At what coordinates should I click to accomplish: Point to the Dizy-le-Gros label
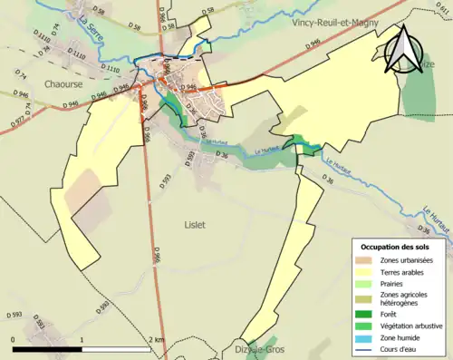click(x=260, y=349)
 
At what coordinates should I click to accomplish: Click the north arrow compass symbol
click(x=402, y=50)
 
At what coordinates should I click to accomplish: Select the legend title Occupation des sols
click(x=395, y=247)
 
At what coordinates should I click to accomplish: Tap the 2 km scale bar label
click(x=156, y=341)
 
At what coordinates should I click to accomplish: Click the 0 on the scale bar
click(x=14, y=341)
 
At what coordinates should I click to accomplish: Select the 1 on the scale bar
click(x=82, y=341)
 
